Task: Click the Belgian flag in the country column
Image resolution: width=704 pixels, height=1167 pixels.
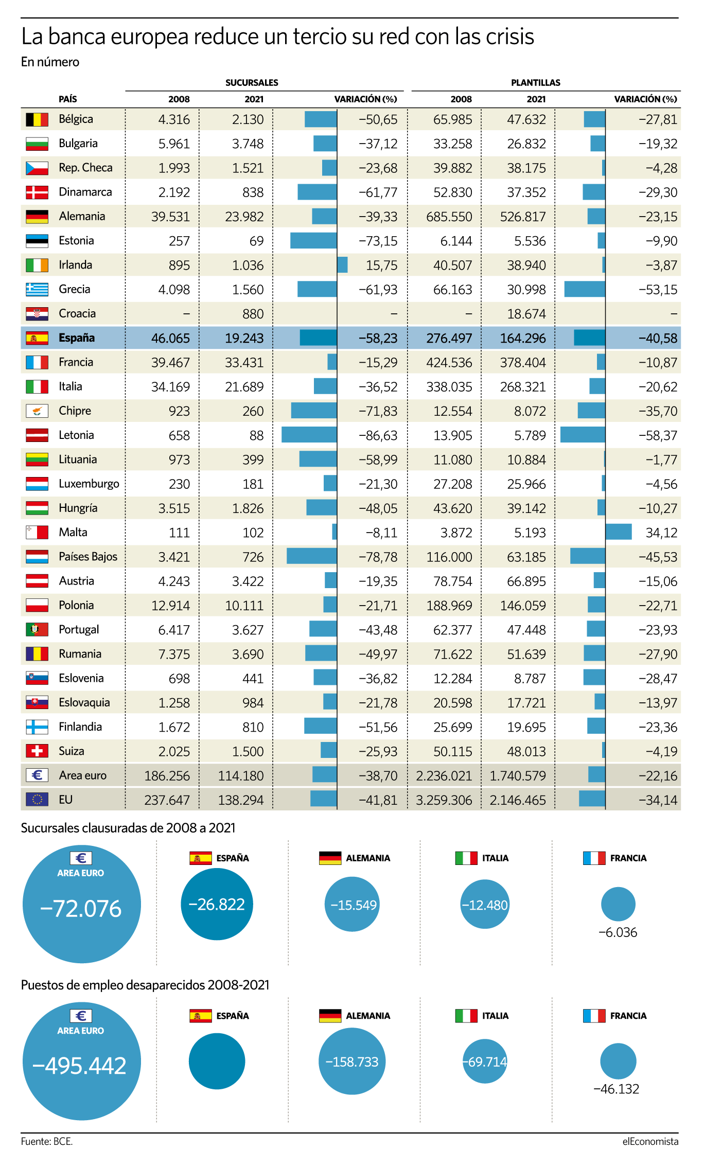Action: (x=37, y=119)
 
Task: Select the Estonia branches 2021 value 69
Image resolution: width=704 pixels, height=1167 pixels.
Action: (x=256, y=241)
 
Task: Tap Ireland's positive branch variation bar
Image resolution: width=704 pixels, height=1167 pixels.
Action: (x=342, y=265)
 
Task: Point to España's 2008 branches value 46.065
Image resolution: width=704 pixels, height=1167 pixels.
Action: (x=170, y=338)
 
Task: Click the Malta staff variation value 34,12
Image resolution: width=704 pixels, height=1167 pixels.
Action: (x=661, y=533)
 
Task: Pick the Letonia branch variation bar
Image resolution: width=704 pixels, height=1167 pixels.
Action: (x=309, y=435)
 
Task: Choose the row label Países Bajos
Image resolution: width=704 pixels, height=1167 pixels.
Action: (x=88, y=557)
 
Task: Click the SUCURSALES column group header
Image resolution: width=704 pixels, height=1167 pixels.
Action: (x=252, y=82)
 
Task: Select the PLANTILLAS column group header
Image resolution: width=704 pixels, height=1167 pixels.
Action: (x=536, y=82)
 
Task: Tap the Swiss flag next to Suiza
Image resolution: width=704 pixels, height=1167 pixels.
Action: (x=37, y=751)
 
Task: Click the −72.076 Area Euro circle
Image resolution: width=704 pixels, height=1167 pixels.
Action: (x=81, y=904)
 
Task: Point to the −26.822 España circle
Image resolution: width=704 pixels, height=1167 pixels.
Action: (x=217, y=904)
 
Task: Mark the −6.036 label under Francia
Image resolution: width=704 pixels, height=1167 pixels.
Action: (x=618, y=932)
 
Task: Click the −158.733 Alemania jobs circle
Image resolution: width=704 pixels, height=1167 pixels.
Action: (x=352, y=1062)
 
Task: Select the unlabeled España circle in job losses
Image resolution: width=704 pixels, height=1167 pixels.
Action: (x=217, y=1061)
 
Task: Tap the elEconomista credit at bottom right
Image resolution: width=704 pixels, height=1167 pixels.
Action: (x=650, y=1141)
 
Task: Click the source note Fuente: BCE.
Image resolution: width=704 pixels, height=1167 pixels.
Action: (x=47, y=1141)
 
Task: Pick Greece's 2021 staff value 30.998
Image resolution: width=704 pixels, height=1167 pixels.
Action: (x=526, y=290)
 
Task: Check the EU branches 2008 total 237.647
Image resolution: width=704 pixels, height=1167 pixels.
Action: (x=167, y=800)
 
